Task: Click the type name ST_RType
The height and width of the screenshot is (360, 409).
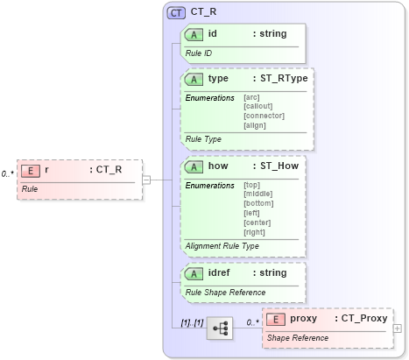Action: [x=279, y=78]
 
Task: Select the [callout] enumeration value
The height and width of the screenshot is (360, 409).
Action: [x=258, y=106]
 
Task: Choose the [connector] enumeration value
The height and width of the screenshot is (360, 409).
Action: [x=263, y=115]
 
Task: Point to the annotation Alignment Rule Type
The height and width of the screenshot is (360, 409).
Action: [x=222, y=246]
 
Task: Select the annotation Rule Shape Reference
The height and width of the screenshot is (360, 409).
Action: [x=224, y=292]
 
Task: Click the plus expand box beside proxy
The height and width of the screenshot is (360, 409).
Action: [x=398, y=328]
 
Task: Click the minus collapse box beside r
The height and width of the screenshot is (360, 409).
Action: [x=146, y=180]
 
